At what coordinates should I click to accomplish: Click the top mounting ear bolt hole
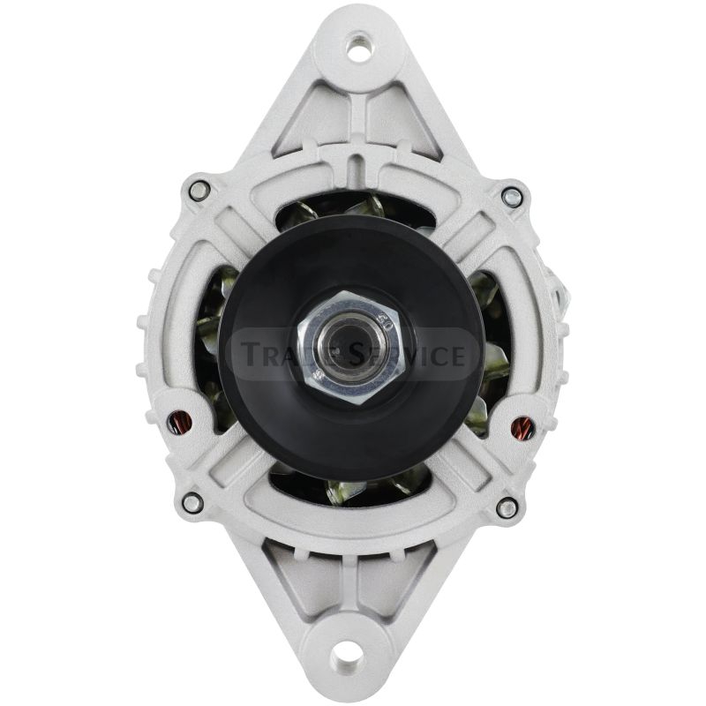click(358, 48)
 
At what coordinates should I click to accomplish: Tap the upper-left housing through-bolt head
click(198, 191)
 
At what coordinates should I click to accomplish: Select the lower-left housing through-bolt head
click(192, 503)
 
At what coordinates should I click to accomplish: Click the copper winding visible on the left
click(179, 423)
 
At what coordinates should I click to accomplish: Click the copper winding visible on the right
click(522, 426)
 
